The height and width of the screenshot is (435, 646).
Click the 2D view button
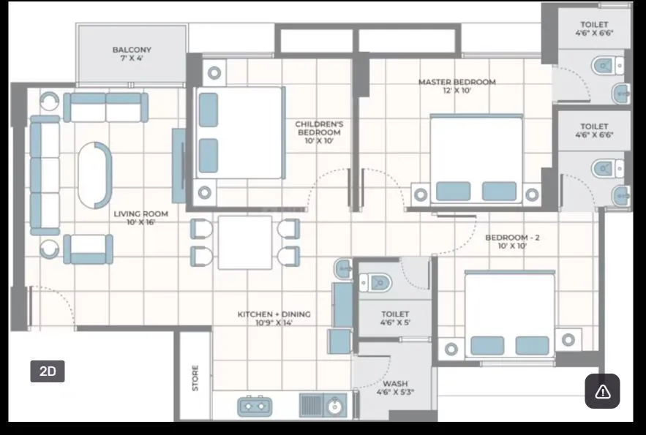[48, 371]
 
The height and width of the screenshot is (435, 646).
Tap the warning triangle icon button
[602, 391]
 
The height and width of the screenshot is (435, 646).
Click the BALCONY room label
[132, 54]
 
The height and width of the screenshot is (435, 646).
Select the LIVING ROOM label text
[140, 218]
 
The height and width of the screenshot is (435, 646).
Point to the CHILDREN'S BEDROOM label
[319, 132]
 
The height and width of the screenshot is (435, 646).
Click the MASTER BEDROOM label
[457, 86]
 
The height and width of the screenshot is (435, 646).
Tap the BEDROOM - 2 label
[512, 242]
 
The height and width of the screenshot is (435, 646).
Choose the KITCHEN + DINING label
[274, 318]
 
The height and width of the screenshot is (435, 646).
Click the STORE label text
[195, 377]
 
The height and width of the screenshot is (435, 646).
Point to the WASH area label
[395, 387]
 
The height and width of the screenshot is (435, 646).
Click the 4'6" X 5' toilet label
[395, 318]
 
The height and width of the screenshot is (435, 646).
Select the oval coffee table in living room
[95, 175]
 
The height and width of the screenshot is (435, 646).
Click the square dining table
[245, 242]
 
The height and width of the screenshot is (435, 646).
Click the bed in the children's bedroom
[240, 132]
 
